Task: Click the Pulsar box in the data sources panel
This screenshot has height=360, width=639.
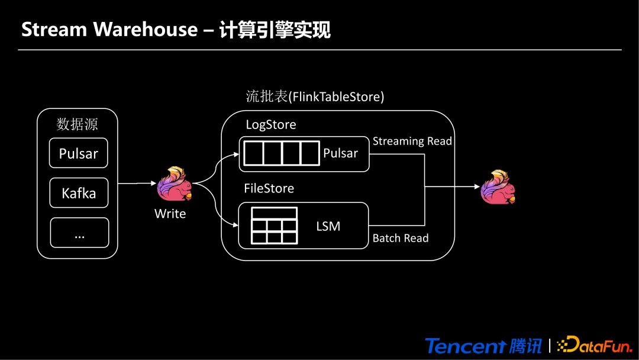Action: pyautogui.click(x=79, y=153)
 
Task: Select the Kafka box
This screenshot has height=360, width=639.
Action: pyautogui.click(x=79, y=193)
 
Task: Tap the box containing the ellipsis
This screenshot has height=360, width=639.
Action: pyautogui.click(x=79, y=233)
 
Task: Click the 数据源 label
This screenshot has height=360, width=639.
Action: pyautogui.click(x=77, y=124)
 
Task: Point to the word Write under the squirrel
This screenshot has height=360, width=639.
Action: pyautogui.click(x=170, y=214)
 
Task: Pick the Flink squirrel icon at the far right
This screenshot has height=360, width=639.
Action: pyautogui.click(x=498, y=187)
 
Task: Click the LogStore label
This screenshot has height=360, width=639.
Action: pyautogui.click(x=270, y=125)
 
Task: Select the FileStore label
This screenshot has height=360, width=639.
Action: pyautogui.click(x=269, y=188)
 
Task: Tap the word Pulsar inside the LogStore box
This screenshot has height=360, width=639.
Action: pyautogui.click(x=340, y=153)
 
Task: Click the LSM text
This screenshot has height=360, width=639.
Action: pyautogui.click(x=328, y=226)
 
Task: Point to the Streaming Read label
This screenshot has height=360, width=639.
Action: pyautogui.click(x=412, y=141)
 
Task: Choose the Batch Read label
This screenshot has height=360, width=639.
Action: pyautogui.click(x=401, y=238)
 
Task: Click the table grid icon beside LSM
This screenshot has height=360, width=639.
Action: pyautogui.click(x=274, y=226)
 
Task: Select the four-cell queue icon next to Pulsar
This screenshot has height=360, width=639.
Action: pyautogui.click(x=282, y=153)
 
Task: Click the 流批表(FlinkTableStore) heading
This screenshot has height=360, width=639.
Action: pyautogui.click(x=315, y=97)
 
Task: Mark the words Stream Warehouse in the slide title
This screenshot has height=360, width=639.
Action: pyautogui.click(x=109, y=29)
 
